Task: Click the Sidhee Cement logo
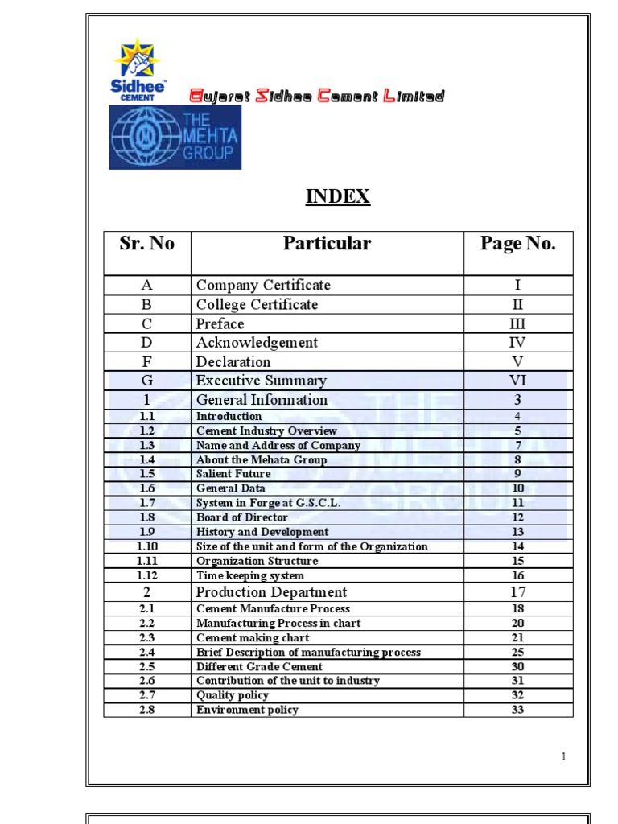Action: (x=139, y=69)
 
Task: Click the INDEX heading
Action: (x=338, y=196)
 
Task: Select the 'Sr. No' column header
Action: (x=146, y=244)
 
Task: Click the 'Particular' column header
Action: (x=327, y=244)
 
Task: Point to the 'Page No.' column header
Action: (x=517, y=244)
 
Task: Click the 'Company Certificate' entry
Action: (x=263, y=285)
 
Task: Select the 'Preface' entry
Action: (x=220, y=323)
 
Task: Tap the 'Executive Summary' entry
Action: (x=262, y=381)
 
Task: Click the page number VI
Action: (x=517, y=381)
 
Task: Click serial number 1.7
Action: (x=146, y=503)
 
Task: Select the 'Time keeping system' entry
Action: (x=250, y=575)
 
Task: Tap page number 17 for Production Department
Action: (x=517, y=592)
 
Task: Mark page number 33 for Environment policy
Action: (x=517, y=710)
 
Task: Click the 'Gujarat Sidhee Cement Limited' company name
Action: (x=316, y=97)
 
